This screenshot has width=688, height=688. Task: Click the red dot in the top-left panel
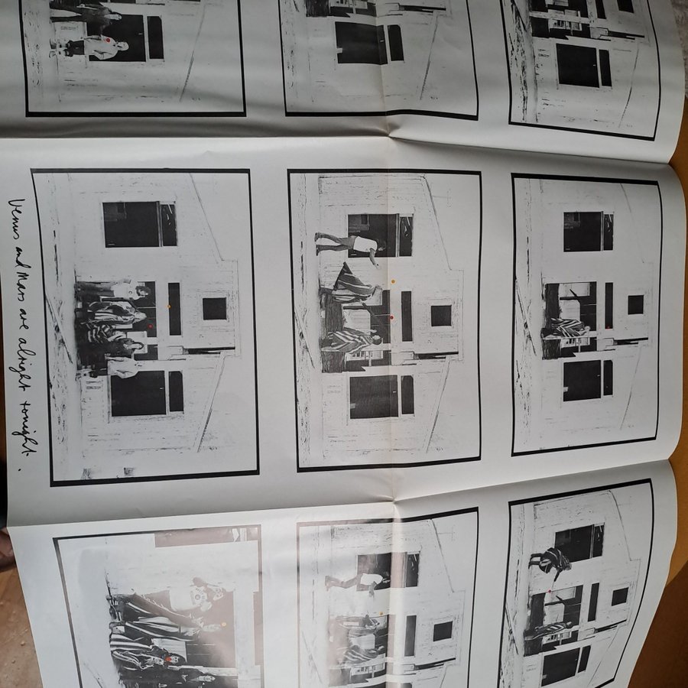pyautogui.click(x=108, y=40)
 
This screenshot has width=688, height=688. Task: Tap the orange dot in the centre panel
pyautogui.click(x=393, y=281)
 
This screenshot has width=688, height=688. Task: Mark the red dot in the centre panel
pyautogui.click(x=392, y=316)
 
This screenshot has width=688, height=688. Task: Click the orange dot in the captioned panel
pyautogui.click(x=169, y=307)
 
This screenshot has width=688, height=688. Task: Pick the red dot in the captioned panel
pyautogui.click(x=151, y=326)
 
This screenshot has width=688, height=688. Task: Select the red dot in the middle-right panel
pyautogui.click(x=607, y=327)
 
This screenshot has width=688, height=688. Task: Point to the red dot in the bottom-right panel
pyautogui.click(x=550, y=591)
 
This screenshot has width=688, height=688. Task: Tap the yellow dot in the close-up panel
pyautogui.click(x=223, y=624)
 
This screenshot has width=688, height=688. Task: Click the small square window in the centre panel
pyautogui.click(x=441, y=316)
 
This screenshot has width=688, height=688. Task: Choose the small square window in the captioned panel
pyautogui.click(x=215, y=309)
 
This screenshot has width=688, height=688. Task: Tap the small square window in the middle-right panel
pyautogui.click(x=635, y=304)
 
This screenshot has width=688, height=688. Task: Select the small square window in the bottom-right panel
pyautogui.click(x=619, y=597)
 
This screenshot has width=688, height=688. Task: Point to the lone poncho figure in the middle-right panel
pyautogui.click(x=566, y=328)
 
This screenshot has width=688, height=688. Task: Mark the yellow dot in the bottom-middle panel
pyautogui.click(x=381, y=614)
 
